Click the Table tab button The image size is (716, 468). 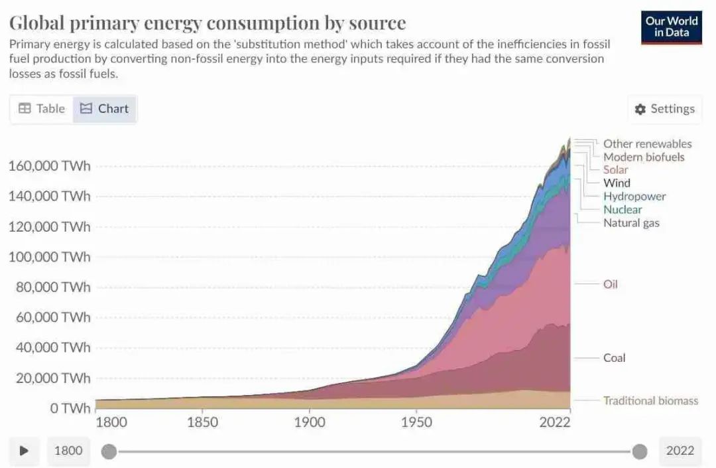[42, 109]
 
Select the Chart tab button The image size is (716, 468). [105, 109]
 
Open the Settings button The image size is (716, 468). [664, 109]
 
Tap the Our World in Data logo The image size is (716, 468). [671, 27]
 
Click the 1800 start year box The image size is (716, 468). [68, 451]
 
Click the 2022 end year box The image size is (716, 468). [680, 451]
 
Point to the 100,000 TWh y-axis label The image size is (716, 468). [49, 257]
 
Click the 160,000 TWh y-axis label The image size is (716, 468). [49, 166]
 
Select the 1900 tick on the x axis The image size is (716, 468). [310, 423]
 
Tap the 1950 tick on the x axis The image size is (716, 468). [416, 423]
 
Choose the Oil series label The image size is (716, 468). [611, 284]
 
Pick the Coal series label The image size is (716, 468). [614, 358]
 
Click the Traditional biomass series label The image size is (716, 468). [650, 400]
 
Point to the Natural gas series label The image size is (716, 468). [631, 223]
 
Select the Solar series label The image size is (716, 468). [615, 170]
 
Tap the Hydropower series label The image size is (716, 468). [634, 196]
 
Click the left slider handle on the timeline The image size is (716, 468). [109, 452]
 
